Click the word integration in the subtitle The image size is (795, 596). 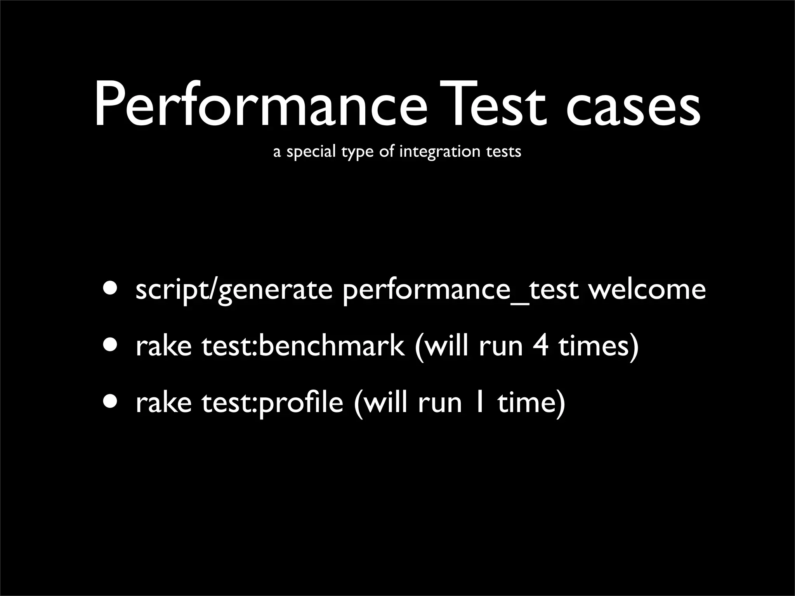tap(440, 152)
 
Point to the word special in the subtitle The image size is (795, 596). tap(311, 152)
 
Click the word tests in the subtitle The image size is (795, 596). tap(503, 152)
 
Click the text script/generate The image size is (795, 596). tap(234, 290)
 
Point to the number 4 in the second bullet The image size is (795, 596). tap(540, 345)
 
